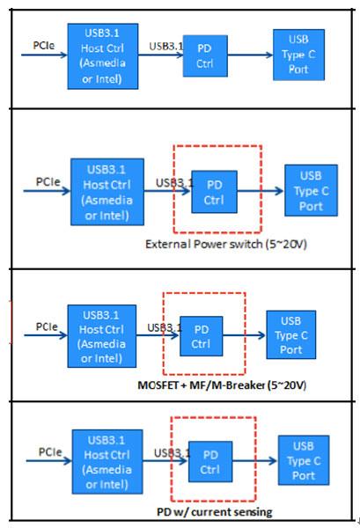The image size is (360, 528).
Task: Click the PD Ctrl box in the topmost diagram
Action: click(x=205, y=56)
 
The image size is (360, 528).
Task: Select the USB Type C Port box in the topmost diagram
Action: click(x=298, y=55)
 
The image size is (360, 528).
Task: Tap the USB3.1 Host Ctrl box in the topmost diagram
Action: click(x=103, y=56)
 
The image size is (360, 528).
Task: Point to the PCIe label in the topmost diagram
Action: click(x=44, y=46)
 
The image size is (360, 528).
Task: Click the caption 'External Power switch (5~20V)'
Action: click(x=226, y=244)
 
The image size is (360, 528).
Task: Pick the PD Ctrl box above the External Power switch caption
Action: click(x=214, y=192)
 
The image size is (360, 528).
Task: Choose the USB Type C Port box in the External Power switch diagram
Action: click(x=312, y=190)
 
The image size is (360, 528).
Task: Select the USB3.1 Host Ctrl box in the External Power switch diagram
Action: click(x=107, y=192)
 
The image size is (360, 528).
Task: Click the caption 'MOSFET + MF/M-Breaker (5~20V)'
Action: click(x=222, y=385)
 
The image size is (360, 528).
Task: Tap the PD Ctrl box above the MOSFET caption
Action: click(x=201, y=336)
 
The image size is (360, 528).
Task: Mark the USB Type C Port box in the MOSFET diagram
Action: click(x=291, y=334)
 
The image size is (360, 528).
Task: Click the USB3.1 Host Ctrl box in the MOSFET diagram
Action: click(x=102, y=336)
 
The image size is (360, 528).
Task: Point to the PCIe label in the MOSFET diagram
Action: click(x=47, y=326)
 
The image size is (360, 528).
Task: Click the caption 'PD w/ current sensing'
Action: click(x=215, y=512)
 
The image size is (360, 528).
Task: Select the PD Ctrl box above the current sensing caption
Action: click(x=210, y=462)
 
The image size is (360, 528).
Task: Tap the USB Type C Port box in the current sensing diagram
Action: click(x=304, y=460)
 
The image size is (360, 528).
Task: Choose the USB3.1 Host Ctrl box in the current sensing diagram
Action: click(x=107, y=462)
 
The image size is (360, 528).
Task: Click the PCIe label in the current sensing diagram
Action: click(x=50, y=451)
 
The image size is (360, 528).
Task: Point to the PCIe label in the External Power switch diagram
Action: click(x=48, y=181)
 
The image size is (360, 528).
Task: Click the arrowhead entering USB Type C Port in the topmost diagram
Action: click(x=269, y=55)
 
